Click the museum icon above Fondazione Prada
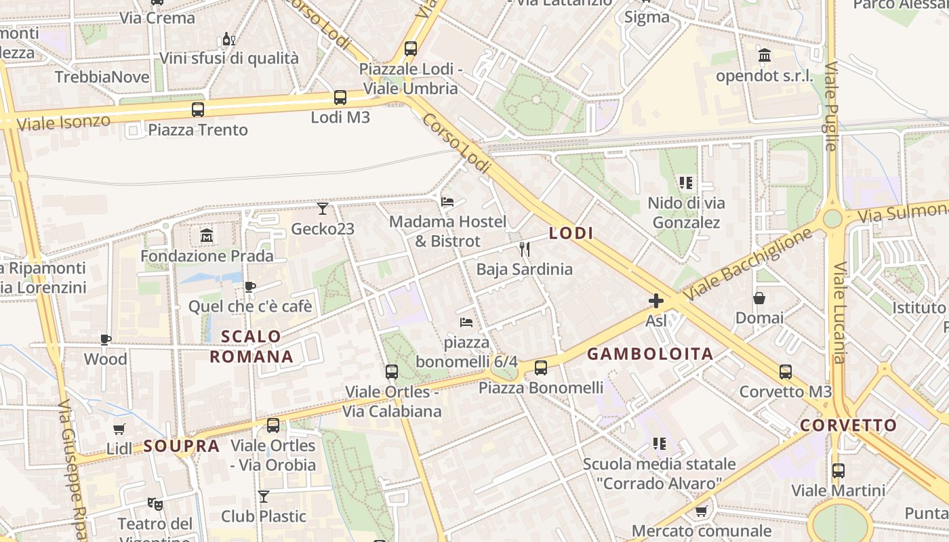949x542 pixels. click(x=207, y=236)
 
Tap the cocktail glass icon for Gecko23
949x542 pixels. click(x=323, y=209)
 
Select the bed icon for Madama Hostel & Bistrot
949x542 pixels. click(x=447, y=201)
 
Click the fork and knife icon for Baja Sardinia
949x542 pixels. click(x=524, y=249)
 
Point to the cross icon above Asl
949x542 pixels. click(x=656, y=301)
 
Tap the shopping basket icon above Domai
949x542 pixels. click(x=759, y=298)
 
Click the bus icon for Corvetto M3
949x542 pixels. click(x=785, y=371)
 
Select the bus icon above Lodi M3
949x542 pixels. click(x=340, y=98)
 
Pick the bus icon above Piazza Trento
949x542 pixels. click(x=198, y=109)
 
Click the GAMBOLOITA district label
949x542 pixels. click(x=650, y=354)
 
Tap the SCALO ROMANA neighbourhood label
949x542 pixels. click(x=251, y=346)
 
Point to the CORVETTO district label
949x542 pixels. click(x=848, y=425)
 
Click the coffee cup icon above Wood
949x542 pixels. click(x=106, y=339)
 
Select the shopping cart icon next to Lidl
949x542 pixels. click(x=119, y=429)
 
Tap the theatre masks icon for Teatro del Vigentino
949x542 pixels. click(x=155, y=503)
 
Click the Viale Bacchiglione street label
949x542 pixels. click(x=747, y=265)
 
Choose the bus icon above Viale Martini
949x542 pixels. click(x=839, y=470)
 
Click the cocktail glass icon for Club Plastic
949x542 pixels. click(x=264, y=497)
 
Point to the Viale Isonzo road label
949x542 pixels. click(x=63, y=123)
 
